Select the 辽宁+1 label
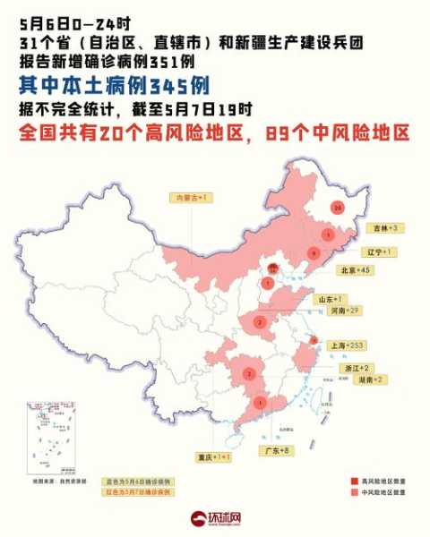(x=379, y=252)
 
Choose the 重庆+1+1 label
(x=214, y=456)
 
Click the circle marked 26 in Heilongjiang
(x=337, y=208)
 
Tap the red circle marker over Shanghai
(x=314, y=340)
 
